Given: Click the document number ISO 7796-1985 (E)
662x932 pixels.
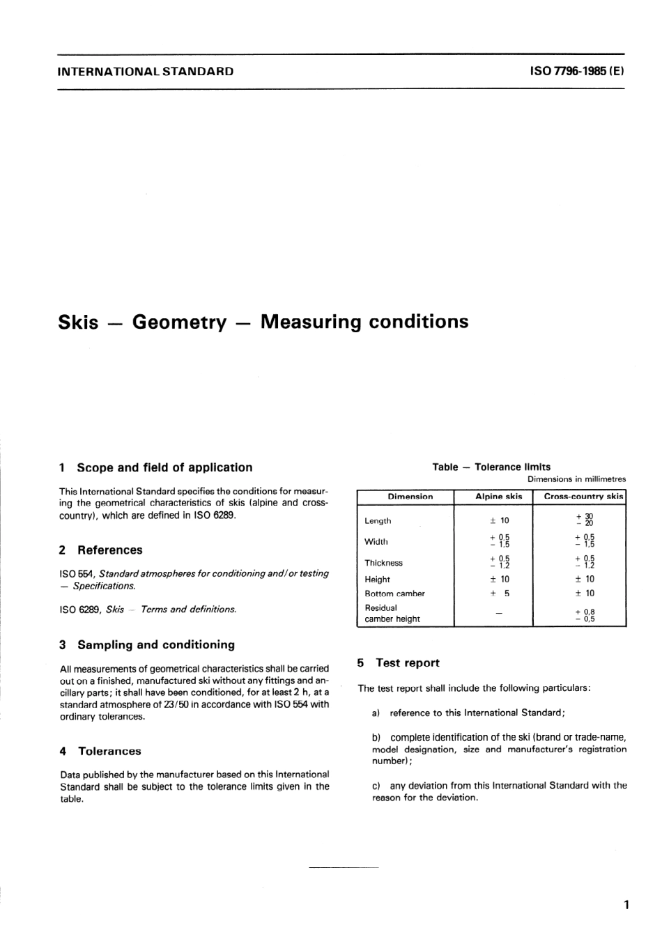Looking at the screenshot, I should click(577, 71).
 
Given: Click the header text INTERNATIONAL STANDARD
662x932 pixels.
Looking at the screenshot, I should click(145, 71).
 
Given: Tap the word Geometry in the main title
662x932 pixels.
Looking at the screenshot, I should click(179, 322).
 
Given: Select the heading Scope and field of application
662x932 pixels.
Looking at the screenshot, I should click(164, 467).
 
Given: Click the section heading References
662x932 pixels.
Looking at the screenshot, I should click(109, 550).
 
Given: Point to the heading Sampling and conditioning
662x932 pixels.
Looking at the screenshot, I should click(156, 644).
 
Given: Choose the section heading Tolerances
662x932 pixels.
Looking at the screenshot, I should click(109, 751).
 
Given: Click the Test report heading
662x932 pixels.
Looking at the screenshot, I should click(408, 662).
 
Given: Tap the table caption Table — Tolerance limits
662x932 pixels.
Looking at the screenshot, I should click(491, 467).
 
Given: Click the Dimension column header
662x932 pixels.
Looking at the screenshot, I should click(410, 497).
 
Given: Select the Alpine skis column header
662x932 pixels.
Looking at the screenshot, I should click(498, 497).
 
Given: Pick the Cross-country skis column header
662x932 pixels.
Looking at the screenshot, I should click(583, 497).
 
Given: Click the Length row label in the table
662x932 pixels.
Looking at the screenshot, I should click(378, 520).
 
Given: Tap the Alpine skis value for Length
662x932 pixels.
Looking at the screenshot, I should click(500, 520).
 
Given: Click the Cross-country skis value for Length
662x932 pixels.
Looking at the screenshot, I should click(585, 520).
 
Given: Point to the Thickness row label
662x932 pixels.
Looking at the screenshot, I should click(383, 563).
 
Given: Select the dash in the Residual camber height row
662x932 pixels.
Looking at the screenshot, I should click(498, 613).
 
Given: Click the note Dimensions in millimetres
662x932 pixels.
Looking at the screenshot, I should click(576, 479).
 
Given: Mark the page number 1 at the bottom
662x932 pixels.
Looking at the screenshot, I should click(626, 905).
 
